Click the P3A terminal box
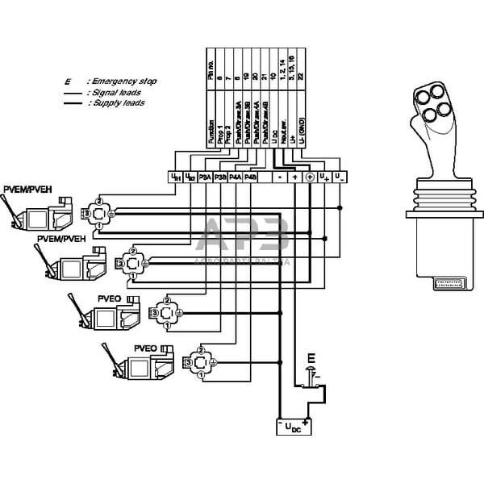(x=205, y=177)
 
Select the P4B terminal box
(x=251, y=177)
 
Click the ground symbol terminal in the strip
(x=310, y=177)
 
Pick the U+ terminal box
(x=323, y=177)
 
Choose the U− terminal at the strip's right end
(x=339, y=177)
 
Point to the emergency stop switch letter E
(x=311, y=357)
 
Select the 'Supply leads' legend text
(x=121, y=103)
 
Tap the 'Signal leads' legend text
(x=121, y=92)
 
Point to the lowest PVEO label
(x=144, y=348)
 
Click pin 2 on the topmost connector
(x=98, y=200)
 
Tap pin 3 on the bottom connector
(x=187, y=365)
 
